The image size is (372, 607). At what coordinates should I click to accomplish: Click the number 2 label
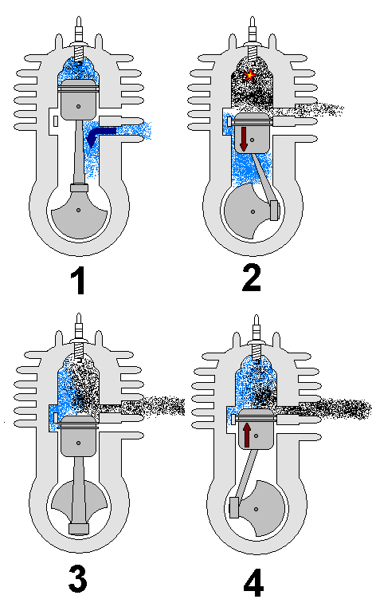coord(252,278)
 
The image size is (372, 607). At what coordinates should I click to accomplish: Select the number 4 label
coord(253,582)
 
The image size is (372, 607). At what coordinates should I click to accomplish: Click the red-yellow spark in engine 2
coord(251,75)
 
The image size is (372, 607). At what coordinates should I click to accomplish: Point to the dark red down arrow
coord(244,139)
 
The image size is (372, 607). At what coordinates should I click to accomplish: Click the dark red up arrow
coord(247,435)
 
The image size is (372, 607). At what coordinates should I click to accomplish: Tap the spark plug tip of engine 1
coord(79,18)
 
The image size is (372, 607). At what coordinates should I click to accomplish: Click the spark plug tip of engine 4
coord(256,317)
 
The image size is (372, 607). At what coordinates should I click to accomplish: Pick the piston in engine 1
coord(78,100)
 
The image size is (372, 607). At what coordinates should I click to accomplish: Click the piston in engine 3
coord(78,436)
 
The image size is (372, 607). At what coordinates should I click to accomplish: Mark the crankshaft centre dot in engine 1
coord(79,211)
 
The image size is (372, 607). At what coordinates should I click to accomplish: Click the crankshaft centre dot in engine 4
coord(256,509)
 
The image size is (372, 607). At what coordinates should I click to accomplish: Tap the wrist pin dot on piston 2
coord(253,140)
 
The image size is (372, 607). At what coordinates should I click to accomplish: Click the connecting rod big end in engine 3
coord(79,529)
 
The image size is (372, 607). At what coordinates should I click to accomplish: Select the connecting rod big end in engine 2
coord(274,211)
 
